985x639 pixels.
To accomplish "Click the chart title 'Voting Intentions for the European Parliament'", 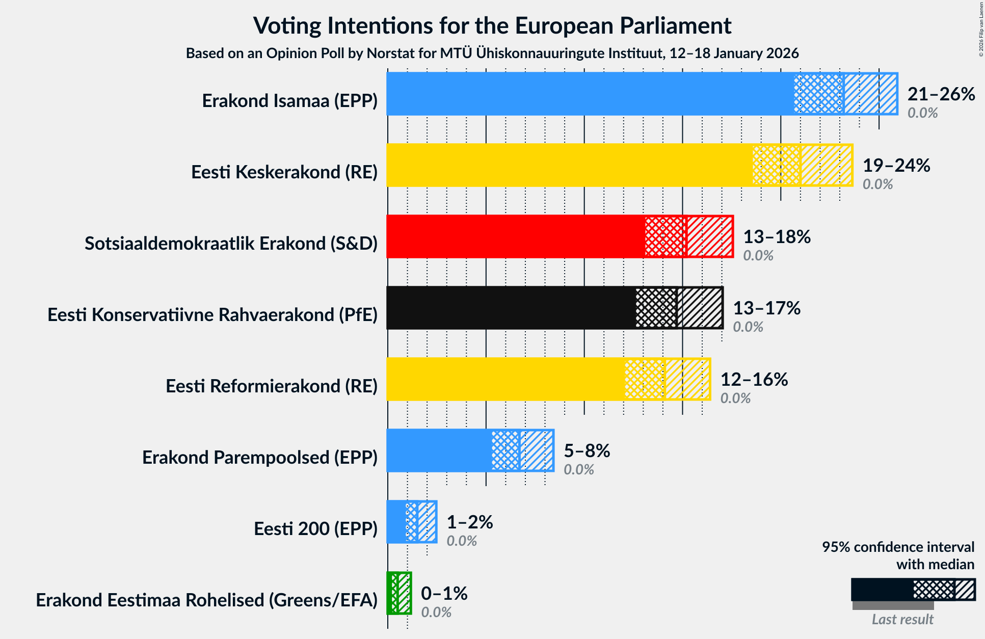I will (492, 26).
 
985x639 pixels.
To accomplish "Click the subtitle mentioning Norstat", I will (492, 54).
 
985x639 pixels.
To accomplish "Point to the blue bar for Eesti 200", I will (396, 522).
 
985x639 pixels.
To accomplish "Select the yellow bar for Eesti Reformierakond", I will (504, 379).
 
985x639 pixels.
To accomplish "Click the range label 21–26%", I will (941, 94).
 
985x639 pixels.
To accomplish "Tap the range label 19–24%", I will (896, 166).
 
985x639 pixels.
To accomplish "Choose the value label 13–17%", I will (766, 308).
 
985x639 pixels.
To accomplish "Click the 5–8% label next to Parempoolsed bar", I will (587, 451).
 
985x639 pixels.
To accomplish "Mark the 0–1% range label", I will (444, 594).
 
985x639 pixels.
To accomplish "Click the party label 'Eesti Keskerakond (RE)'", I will (284, 172).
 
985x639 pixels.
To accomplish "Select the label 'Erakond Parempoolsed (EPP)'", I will (260, 458).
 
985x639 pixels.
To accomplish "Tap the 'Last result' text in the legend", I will (902, 619).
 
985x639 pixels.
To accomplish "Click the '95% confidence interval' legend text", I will (898, 547).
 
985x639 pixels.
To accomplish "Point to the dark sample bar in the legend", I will (882, 590).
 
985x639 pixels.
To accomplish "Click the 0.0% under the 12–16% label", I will (735, 398).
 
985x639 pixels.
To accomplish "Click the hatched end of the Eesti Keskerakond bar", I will (826, 165).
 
